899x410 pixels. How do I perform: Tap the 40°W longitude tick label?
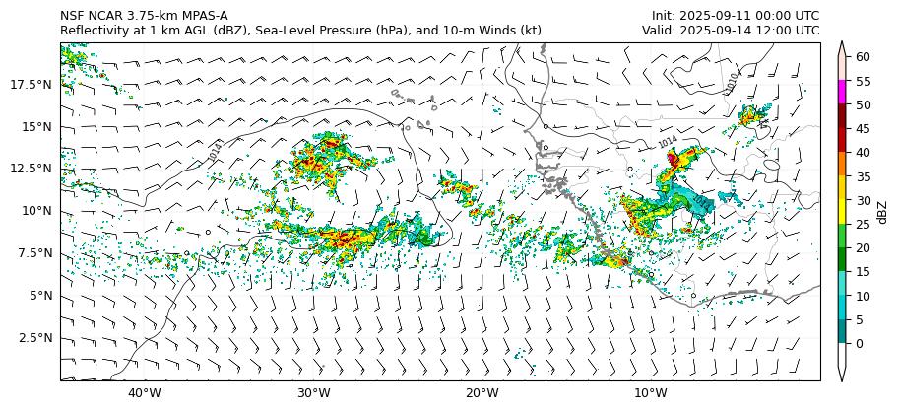(x=145, y=393)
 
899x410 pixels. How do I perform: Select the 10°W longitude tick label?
(x=650, y=393)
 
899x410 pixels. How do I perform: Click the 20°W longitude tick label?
(x=482, y=393)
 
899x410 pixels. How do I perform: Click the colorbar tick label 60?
(x=863, y=57)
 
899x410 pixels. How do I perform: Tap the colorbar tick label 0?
(x=860, y=343)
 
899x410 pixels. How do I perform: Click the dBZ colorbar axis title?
(x=882, y=212)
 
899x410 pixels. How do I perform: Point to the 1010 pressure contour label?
(x=730, y=84)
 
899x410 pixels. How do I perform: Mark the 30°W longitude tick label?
(x=313, y=393)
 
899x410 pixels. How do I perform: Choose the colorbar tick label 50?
(x=863, y=104)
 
